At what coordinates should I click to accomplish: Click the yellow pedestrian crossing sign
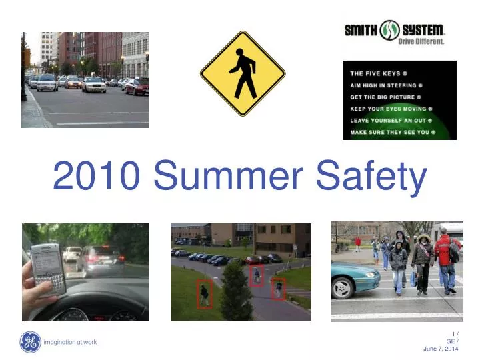(x=243, y=73)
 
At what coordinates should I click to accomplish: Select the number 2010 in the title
(x=96, y=176)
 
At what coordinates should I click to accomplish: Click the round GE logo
(x=30, y=342)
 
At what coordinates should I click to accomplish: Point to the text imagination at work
(x=70, y=342)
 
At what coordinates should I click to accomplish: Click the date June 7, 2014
(x=441, y=349)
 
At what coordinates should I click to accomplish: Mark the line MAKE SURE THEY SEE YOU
(x=393, y=133)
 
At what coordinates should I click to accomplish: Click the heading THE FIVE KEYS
(x=379, y=73)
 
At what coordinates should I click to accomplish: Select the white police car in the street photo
(x=46, y=83)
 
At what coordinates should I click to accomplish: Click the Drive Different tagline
(x=421, y=41)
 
